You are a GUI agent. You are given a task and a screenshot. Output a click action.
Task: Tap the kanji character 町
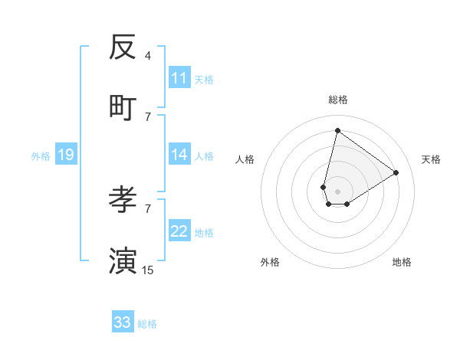123,108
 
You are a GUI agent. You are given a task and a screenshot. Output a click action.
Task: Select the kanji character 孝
123,200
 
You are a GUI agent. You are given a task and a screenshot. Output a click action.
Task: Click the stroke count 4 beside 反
148,55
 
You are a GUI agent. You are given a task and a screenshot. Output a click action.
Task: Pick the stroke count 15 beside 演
148,270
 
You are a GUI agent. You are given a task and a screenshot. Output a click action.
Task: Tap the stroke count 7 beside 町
148,116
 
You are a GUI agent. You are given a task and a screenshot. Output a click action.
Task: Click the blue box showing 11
179,78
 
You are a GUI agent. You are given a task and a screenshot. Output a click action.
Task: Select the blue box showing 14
179,155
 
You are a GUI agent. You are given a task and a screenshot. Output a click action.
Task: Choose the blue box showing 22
179,231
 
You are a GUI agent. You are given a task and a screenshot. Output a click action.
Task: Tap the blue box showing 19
66,155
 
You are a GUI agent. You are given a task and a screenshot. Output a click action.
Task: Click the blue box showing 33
123,322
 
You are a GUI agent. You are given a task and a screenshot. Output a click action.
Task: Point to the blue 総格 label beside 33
147,324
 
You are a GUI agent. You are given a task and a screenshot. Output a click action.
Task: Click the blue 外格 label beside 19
41,156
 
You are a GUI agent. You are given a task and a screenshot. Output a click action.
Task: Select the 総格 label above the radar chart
337,100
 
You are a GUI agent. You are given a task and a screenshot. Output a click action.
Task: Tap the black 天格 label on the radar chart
431,159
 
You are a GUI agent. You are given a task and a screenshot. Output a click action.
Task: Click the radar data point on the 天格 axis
396,172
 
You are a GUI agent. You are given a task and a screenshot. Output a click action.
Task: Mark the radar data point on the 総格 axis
337,130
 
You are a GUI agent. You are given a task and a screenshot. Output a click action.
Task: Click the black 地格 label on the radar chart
402,262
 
